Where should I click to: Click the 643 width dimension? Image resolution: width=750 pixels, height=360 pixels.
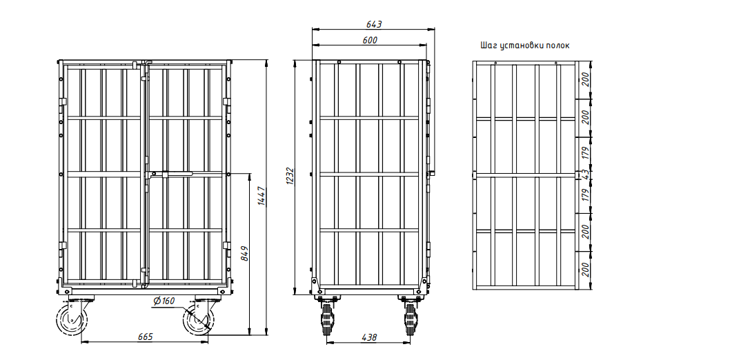[x=373, y=24]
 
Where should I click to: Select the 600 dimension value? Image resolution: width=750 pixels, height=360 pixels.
[x=370, y=40]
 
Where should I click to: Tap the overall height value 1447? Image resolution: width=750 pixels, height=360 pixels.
[x=262, y=196]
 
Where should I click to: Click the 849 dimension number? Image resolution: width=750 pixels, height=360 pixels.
[x=244, y=253]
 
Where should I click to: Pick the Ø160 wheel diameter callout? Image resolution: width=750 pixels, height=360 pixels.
[x=164, y=301]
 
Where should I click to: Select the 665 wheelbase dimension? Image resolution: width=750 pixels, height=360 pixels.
[x=145, y=337]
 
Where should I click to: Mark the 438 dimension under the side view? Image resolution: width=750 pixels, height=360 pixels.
[x=368, y=337]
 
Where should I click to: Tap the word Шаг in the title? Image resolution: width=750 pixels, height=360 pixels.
[x=489, y=46]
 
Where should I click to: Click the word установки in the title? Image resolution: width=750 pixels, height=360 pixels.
[x=522, y=46]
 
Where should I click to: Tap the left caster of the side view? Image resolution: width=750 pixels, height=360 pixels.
[x=328, y=318]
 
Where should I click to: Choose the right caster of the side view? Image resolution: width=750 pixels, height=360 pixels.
[x=410, y=318]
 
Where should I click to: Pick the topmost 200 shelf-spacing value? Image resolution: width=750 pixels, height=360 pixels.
[x=584, y=79]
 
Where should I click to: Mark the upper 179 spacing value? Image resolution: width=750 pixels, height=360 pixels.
[x=584, y=153]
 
